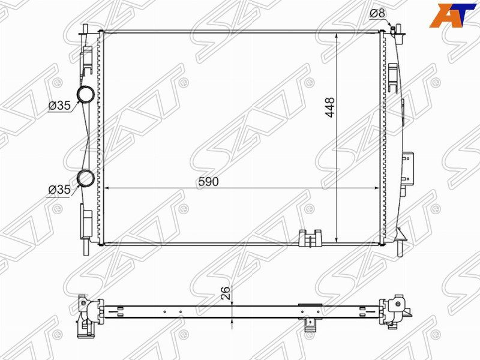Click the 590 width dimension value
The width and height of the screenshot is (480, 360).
point(208,182)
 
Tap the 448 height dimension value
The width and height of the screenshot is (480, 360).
point(330,107)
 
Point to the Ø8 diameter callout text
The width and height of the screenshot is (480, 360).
point(378,13)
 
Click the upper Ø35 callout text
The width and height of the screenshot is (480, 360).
point(59,106)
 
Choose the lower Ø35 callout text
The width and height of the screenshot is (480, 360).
point(59,190)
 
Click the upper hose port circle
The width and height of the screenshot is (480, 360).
point(85,94)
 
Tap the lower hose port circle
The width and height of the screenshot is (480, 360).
point(85,178)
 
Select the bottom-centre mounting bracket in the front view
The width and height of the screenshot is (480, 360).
point(310,238)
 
